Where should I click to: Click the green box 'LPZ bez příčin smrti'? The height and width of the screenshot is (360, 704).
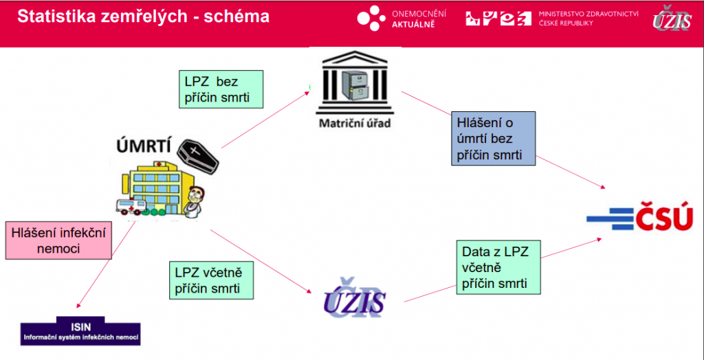tap(221, 89)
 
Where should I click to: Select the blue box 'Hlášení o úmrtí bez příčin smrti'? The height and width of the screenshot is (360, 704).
tap(494, 139)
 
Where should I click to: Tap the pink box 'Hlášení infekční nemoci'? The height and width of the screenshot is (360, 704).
tap(58, 240)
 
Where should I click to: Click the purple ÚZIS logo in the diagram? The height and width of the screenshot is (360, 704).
tap(355, 298)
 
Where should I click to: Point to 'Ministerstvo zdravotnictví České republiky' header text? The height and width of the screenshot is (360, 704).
tap(588, 19)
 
